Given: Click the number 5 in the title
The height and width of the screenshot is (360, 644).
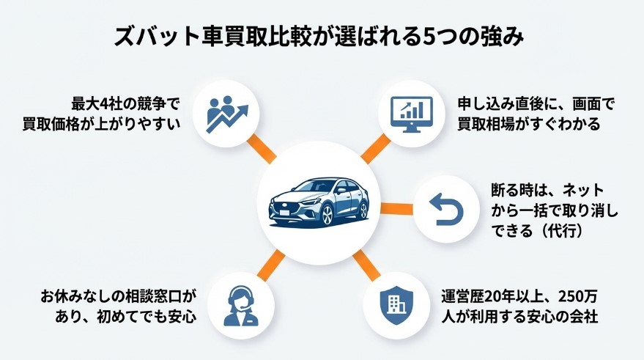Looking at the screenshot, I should pos(432,37).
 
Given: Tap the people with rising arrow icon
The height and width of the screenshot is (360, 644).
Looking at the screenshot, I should pos(226,112).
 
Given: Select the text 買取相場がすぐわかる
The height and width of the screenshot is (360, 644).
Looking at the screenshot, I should pos(528,123).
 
